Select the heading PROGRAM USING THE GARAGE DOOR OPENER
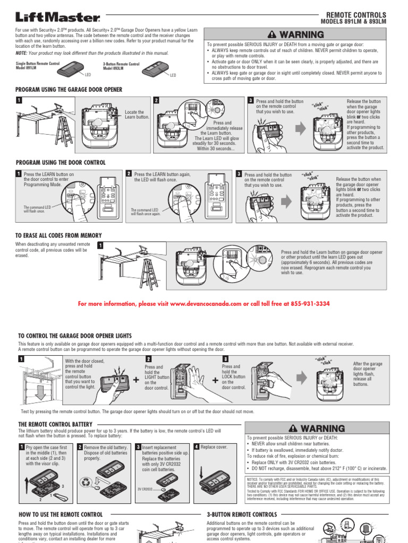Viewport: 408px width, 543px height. [x=69, y=90]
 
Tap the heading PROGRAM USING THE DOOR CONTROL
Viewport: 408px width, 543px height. [x=61, y=162]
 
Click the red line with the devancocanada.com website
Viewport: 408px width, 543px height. [x=203, y=304]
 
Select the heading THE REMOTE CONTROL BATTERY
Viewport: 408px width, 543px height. [x=55, y=424]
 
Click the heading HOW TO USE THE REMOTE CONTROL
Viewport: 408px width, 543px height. [x=61, y=514]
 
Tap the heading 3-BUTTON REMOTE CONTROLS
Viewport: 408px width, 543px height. [x=241, y=514]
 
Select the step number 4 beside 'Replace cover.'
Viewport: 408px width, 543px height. [x=197, y=447]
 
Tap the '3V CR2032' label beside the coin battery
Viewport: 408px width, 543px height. [x=145, y=488]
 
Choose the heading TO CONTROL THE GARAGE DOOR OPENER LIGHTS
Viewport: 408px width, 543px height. [x=75, y=336]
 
